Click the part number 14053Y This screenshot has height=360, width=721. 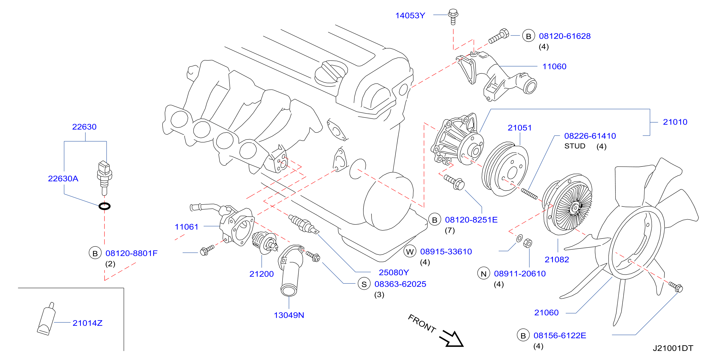410,16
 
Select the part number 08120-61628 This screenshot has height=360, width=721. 565,36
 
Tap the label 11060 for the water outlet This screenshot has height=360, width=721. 555,67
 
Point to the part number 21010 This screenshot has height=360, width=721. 675,122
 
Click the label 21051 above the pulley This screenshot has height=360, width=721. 520,128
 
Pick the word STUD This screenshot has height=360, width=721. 575,146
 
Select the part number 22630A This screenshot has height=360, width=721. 63,179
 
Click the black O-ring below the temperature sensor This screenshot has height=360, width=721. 105,206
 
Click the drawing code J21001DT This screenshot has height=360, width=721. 673,348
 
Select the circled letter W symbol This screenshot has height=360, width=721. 410,252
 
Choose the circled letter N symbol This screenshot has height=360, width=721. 484,274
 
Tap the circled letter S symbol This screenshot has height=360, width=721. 364,284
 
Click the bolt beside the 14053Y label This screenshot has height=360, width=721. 453,16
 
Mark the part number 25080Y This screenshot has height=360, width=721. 394,273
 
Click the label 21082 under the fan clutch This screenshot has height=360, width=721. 557,260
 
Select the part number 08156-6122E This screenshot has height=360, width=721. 560,336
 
